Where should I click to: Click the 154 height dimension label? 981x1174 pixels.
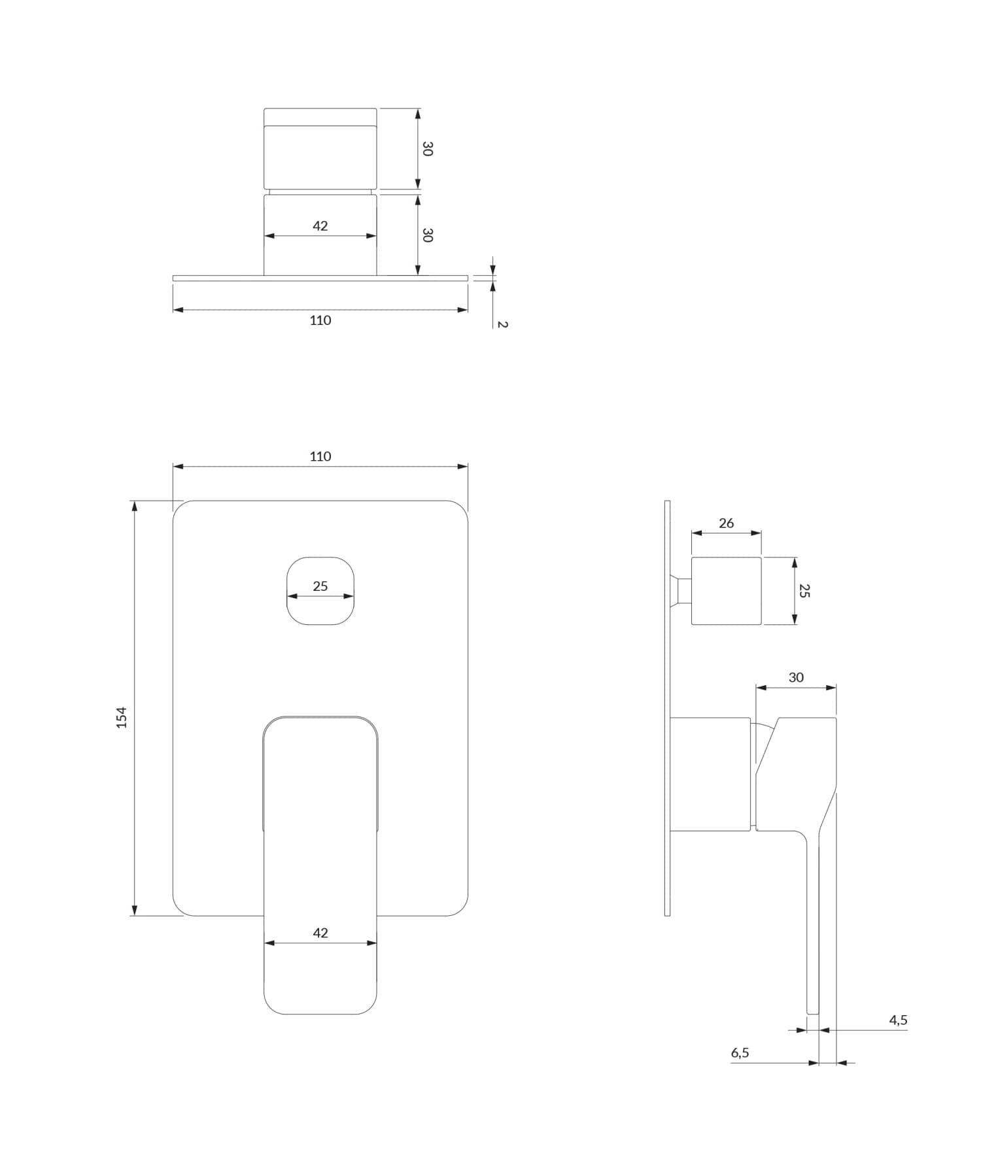(x=122, y=717)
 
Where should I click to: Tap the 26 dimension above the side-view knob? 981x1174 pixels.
(x=726, y=523)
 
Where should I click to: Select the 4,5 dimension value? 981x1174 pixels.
(x=898, y=1020)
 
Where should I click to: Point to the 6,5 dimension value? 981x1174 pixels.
(x=740, y=1052)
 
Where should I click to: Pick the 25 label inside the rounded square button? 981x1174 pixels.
(x=320, y=586)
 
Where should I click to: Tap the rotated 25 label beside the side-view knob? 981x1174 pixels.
(x=804, y=591)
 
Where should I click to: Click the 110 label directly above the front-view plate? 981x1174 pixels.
(x=320, y=456)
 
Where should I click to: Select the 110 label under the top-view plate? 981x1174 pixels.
(x=320, y=320)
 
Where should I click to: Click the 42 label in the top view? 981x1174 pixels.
(x=320, y=226)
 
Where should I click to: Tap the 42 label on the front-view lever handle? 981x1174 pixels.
(x=320, y=933)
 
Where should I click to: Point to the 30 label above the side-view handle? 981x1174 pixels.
(x=796, y=677)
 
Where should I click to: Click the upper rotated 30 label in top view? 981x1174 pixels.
(x=427, y=149)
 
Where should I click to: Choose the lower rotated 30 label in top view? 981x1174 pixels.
(x=427, y=235)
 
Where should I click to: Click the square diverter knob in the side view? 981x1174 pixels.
(x=726, y=591)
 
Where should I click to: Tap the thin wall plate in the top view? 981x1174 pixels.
(x=320, y=278)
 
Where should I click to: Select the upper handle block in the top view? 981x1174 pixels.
(x=320, y=149)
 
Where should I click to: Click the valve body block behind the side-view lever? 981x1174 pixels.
(x=710, y=775)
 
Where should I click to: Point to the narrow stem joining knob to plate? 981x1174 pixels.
(x=684, y=591)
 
